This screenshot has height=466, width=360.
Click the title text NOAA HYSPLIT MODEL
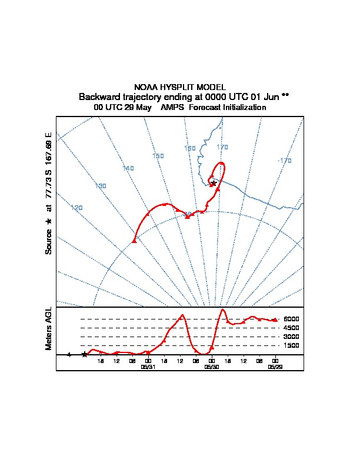[x=179, y=87]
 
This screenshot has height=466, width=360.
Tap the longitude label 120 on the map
[x=76, y=208]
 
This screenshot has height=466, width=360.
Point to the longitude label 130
[x=101, y=186]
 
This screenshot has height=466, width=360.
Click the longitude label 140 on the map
[x=128, y=168]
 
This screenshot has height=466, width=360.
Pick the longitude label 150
[x=158, y=156]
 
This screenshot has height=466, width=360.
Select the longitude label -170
[x=284, y=160]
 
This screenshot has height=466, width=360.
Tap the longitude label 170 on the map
[x=222, y=147]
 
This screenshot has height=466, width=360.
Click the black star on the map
[x=214, y=183]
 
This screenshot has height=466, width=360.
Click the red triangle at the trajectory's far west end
[x=134, y=240]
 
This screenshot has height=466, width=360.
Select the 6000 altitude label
[x=291, y=319]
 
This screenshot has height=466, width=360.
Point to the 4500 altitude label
[x=291, y=328]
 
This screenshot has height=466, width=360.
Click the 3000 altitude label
[x=291, y=337]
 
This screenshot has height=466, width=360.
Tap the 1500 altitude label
[x=291, y=345]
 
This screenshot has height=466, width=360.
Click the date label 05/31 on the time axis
[x=148, y=366]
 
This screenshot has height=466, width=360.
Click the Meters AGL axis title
[x=49, y=329]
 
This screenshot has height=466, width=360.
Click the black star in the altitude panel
[x=85, y=354]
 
